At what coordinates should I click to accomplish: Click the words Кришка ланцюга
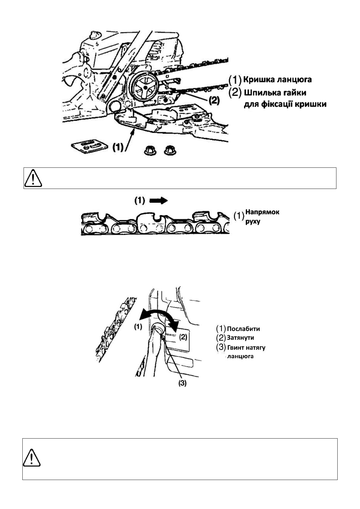[x=277, y=80]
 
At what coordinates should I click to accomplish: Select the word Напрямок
[x=262, y=212]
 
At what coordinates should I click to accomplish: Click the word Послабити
[x=243, y=329]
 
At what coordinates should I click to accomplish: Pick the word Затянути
[x=240, y=338]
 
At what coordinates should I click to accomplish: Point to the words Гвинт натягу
[x=246, y=347]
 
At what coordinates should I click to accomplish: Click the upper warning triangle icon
[x=33, y=178]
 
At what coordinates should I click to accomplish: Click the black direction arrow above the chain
[x=159, y=201]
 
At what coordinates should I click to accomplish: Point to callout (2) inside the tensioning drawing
[x=183, y=336]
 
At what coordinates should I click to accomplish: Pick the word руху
[x=253, y=221]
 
